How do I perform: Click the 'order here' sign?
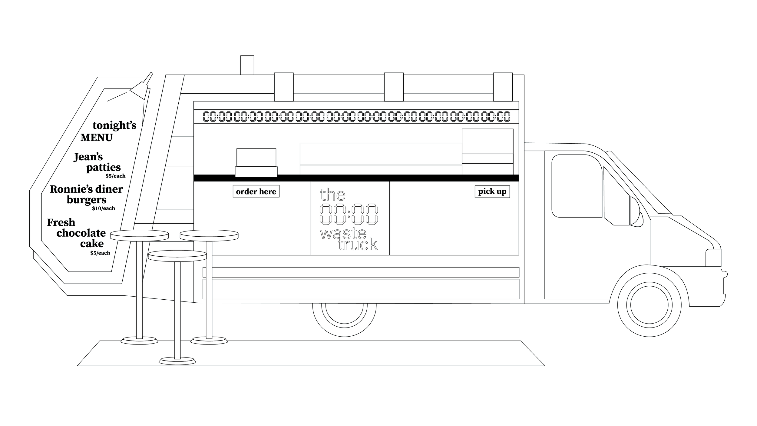(x=256, y=191)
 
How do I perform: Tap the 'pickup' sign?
(x=492, y=192)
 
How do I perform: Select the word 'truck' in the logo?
(x=358, y=245)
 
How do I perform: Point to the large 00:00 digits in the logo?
(x=349, y=214)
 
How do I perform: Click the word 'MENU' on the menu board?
(x=96, y=138)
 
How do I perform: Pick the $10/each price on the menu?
(x=104, y=208)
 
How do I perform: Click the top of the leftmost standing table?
(x=139, y=235)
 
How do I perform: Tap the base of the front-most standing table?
(x=177, y=361)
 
